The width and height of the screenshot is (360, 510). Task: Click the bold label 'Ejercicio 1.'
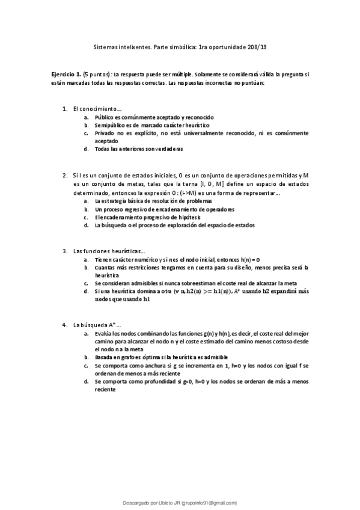[x=66, y=73]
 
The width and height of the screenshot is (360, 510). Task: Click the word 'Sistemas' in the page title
[x=108, y=46]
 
